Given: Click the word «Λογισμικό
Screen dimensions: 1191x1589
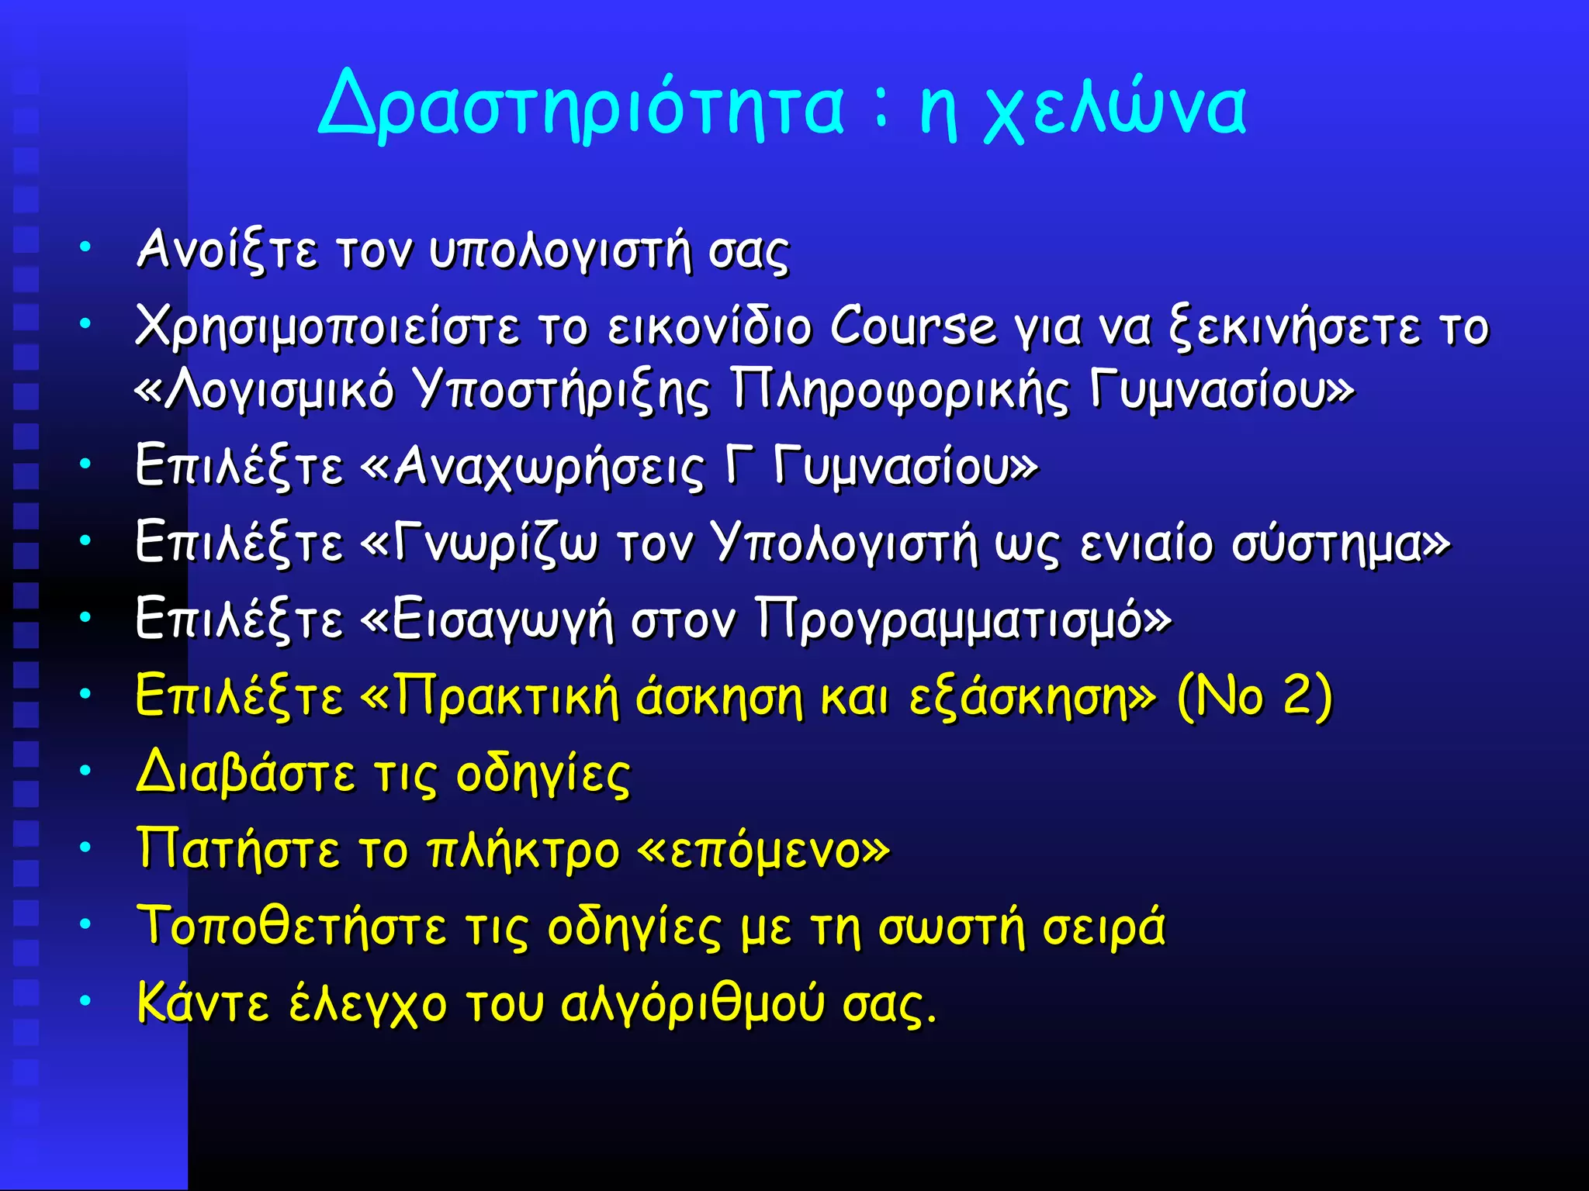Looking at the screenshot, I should coord(265,390).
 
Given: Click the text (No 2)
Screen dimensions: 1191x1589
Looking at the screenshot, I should coord(1255,696).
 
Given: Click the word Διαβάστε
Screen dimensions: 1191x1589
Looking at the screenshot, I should coord(246,773).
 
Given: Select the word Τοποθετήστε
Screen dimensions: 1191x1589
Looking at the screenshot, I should coord(292,927).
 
